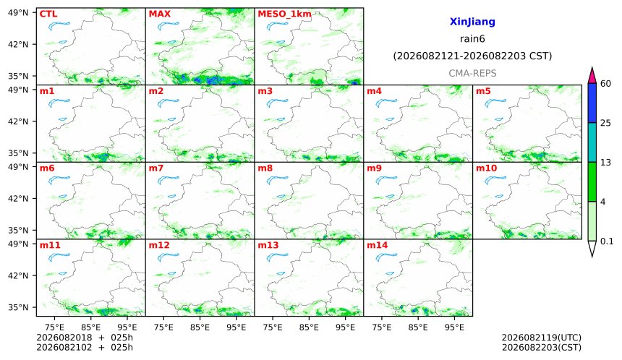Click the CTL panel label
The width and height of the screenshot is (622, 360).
(x=48, y=14)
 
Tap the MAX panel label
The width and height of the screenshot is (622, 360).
(x=159, y=14)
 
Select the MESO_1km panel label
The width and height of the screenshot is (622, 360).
(x=284, y=14)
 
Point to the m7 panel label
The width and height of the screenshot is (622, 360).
(x=156, y=168)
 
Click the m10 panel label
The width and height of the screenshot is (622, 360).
(x=486, y=168)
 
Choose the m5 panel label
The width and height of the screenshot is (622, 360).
(x=483, y=91)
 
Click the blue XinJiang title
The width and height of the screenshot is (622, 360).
(x=472, y=22)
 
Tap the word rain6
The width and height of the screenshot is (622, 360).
(x=472, y=39)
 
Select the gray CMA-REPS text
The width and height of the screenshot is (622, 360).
(x=472, y=73)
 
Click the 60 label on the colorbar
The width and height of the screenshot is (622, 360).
(x=606, y=84)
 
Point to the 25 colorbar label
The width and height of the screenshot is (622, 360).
(x=606, y=124)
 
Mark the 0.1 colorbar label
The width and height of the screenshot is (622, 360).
(x=607, y=241)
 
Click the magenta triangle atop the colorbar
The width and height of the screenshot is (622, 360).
(x=592, y=77)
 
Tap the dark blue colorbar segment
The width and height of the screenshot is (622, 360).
(x=592, y=103)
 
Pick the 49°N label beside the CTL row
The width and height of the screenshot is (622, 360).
(x=18, y=13)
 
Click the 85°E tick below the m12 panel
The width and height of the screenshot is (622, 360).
(x=200, y=327)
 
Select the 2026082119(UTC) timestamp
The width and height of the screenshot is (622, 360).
(x=542, y=338)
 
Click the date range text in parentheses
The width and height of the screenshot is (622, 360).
(x=472, y=56)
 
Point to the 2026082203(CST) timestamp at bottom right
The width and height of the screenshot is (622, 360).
(x=542, y=347)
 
